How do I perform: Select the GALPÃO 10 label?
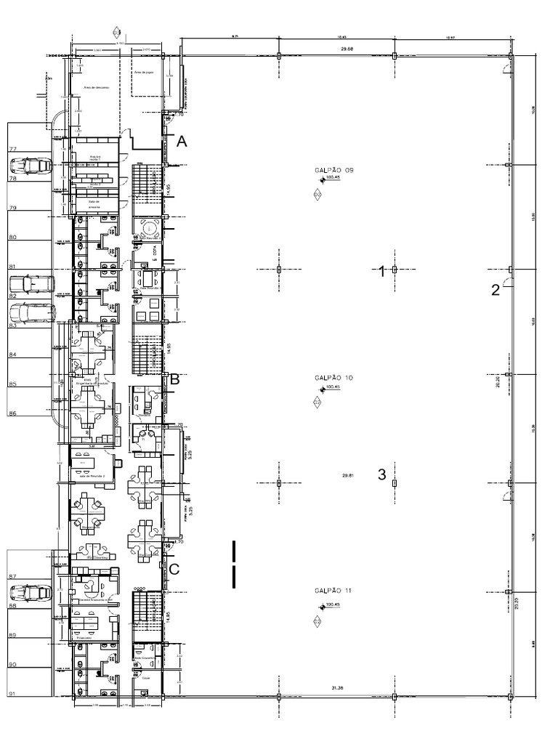[333, 378]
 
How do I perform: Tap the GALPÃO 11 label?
[333, 591]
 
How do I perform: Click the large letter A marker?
[182, 143]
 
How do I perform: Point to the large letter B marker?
[174, 379]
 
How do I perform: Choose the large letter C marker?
[174, 570]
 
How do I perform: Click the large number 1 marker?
[381, 272]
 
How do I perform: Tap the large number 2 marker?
[496, 291]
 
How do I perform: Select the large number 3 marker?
[381, 475]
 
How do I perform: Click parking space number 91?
[12, 695]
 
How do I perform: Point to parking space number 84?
[12, 355]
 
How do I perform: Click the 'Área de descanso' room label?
[94, 86]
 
